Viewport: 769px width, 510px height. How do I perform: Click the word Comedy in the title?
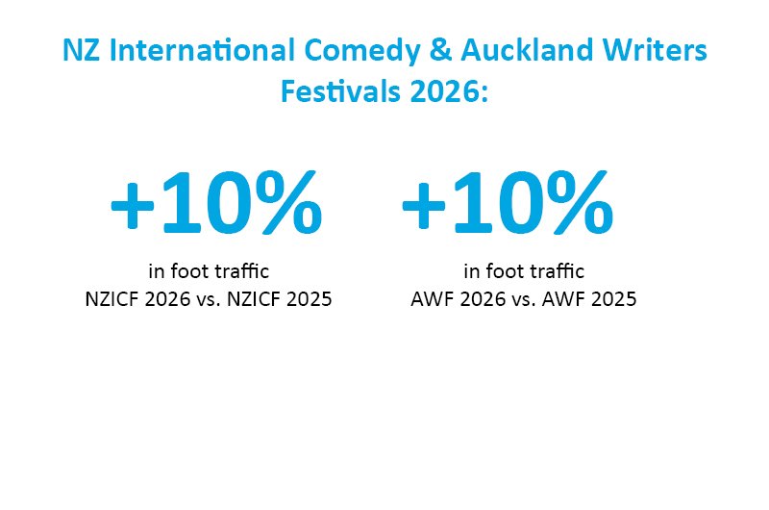[362, 51]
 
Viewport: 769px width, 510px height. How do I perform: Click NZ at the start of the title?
[82, 50]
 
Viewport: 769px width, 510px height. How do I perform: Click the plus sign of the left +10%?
[133, 207]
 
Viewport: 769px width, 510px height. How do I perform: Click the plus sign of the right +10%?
[424, 207]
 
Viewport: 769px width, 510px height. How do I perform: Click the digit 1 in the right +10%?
[472, 203]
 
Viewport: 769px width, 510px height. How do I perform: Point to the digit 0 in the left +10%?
[230, 203]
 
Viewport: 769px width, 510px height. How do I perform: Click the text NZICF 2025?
[279, 299]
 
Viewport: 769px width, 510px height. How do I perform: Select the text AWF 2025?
[589, 299]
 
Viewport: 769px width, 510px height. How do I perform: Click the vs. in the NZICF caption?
[209, 300]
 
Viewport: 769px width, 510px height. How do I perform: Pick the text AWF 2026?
[458, 299]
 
